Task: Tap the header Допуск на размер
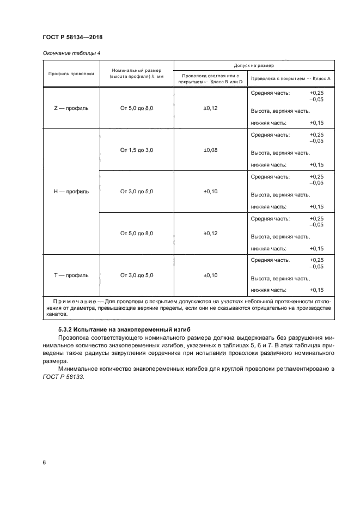[x=254, y=65]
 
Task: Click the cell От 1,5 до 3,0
[x=137, y=150]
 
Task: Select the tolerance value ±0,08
[x=210, y=150]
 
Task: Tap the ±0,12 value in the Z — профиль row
[x=210, y=108]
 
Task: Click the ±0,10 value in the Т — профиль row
[x=210, y=275]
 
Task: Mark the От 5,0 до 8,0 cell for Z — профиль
[x=137, y=108]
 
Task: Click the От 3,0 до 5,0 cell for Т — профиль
[x=137, y=275]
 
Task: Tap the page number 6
[x=44, y=462]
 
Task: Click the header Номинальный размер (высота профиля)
[x=136, y=73]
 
